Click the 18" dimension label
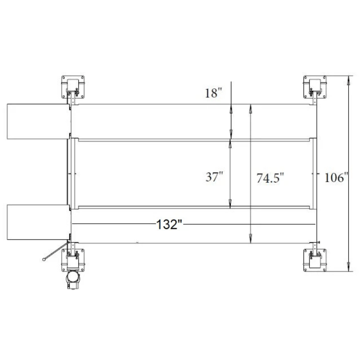pos(213,93)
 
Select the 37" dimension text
pos(214,177)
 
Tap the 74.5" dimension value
pos(270,178)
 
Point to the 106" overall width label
pos(336,177)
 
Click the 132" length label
pos(169,224)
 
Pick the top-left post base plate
pos(73,87)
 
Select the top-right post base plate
pos(315,87)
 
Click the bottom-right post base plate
pos(315,260)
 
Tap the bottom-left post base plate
pos(73,260)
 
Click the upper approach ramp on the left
pos(38,121)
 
